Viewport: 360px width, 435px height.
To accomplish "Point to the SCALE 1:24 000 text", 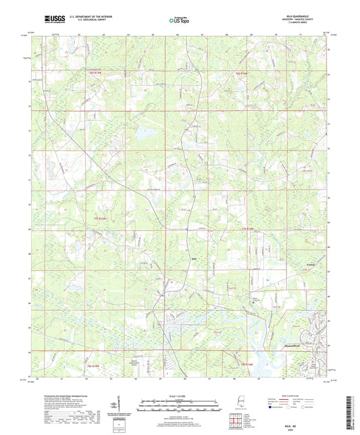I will click(180, 395).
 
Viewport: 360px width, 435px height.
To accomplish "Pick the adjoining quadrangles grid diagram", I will click(235, 423).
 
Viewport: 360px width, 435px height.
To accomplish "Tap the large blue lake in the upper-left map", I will click(143, 132).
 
